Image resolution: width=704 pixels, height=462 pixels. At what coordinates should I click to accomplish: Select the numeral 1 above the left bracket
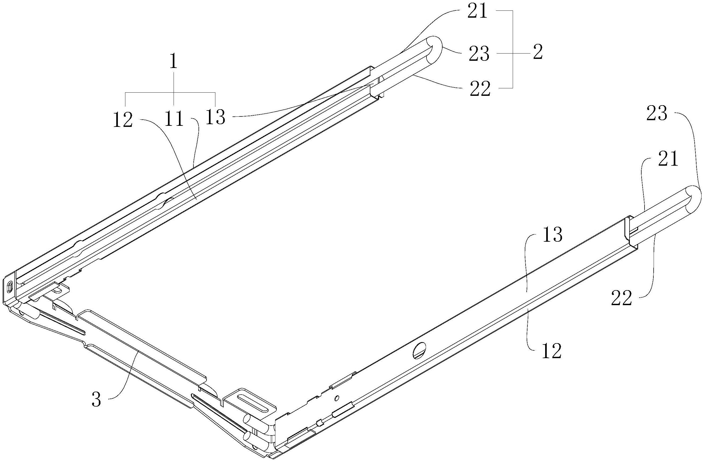(x=174, y=62)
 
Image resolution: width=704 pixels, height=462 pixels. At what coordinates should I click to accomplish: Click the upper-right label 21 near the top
(x=477, y=12)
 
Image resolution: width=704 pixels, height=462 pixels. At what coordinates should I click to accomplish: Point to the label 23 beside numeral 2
(x=479, y=54)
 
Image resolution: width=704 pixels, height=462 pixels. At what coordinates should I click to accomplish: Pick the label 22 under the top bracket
(x=480, y=89)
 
